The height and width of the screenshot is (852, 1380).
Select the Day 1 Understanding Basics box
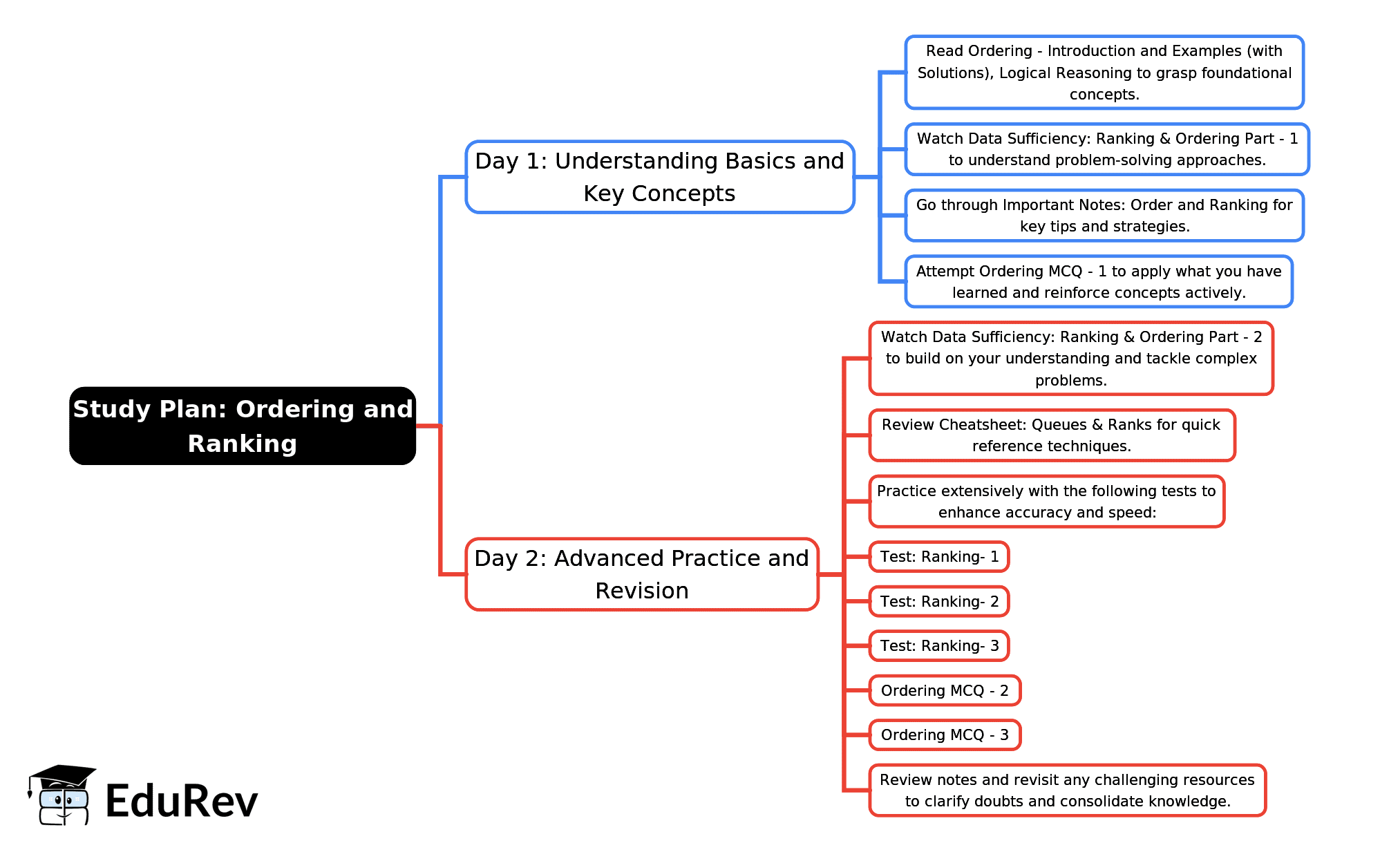pos(659,177)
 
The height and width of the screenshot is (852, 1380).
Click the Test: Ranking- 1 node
pos(938,557)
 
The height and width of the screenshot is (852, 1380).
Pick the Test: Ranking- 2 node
pos(938,601)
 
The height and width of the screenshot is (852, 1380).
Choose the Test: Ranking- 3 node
pos(938,646)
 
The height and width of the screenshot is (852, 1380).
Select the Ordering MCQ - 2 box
pos(944,690)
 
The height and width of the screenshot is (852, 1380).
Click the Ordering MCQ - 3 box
pos(944,735)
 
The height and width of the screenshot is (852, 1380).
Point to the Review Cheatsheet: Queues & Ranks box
pos(1051,435)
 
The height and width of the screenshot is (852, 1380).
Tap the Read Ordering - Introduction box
pos(1104,73)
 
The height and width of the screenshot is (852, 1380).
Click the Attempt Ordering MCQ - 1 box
pos(1098,282)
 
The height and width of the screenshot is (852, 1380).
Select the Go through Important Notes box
pos(1104,216)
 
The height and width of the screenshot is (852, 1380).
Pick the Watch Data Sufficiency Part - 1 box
pos(1106,149)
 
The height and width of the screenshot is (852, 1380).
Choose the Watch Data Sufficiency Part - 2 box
pos(1070,359)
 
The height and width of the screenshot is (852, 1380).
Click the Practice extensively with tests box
pos(1046,502)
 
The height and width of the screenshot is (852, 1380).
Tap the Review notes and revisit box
pos(1067,791)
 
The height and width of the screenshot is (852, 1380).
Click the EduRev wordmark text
pos(181,802)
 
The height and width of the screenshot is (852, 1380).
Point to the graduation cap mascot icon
pos(62,795)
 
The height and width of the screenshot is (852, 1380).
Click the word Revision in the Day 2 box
pos(641,591)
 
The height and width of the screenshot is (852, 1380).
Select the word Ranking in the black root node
pos(242,444)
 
